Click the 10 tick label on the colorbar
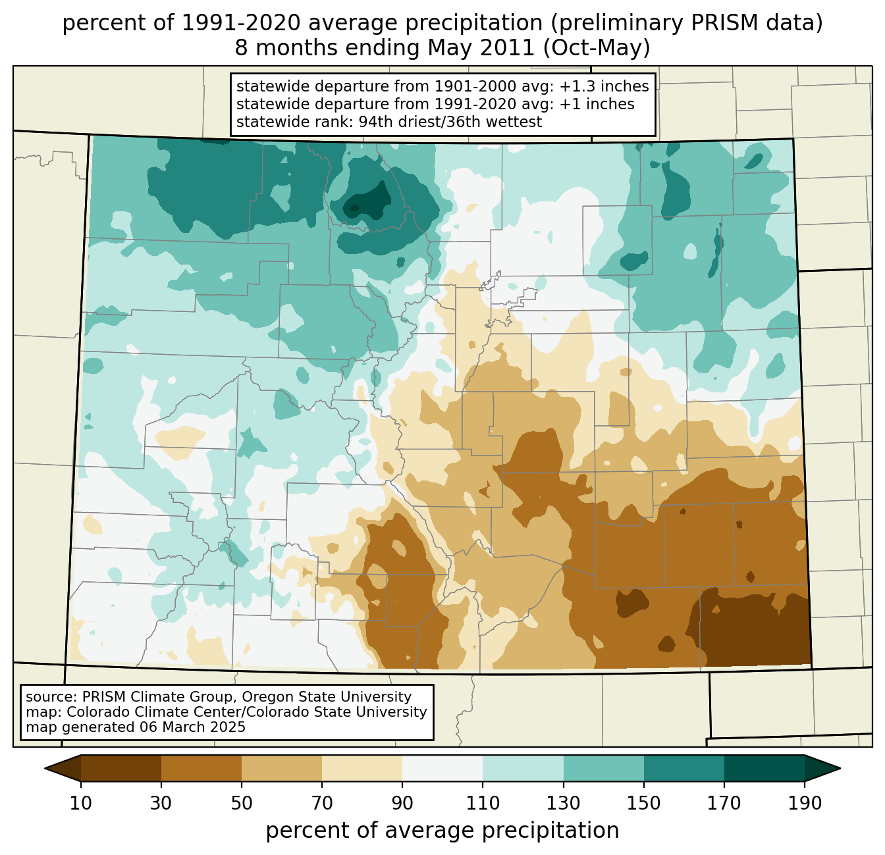click(81, 804)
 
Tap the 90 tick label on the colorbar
click(402, 804)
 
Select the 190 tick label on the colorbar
click(805, 804)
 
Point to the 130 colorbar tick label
click(564, 804)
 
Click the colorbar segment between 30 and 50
click(201, 768)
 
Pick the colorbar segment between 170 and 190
click(764, 768)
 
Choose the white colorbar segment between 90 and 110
click(443, 768)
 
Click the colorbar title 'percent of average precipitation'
click(443, 831)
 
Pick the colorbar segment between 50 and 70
click(282, 768)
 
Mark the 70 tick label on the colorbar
click(322, 804)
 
